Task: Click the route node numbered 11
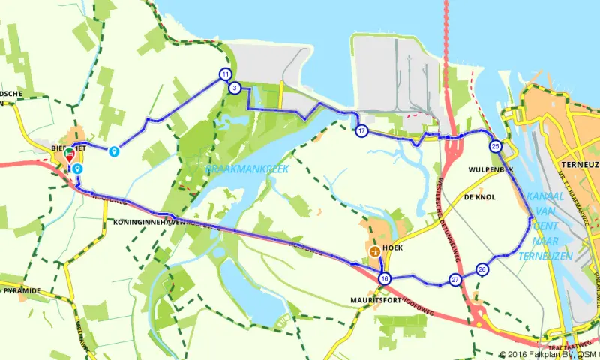pyautogui.click(x=225, y=73)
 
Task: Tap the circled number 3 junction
pyautogui.click(x=235, y=88)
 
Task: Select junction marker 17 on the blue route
pyautogui.click(x=361, y=131)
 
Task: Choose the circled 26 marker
pyautogui.click(x=482, y=269)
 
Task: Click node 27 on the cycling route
pyautogui.click(x=455, y=280)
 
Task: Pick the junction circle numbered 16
pyautogui.click(x=385, y=278)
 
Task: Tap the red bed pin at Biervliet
pyautogui.click(x=70, y=154)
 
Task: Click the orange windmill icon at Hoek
pyautogui.click(x=374, y=250)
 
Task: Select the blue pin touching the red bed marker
pyautogui.click(x=77, y=169)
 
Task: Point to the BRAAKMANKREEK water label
pyautogui.click(x=247, y=170)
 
